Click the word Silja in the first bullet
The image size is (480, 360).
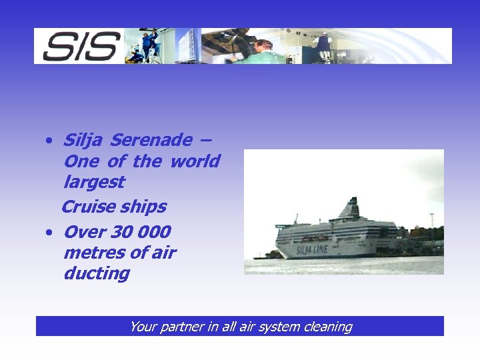84,141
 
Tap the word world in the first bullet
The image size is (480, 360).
195,161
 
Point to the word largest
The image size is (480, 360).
94,182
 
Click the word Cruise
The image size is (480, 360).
88,207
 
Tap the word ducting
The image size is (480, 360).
97,273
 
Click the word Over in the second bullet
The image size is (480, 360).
83,232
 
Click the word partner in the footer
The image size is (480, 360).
179,327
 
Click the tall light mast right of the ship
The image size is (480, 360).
432,227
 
